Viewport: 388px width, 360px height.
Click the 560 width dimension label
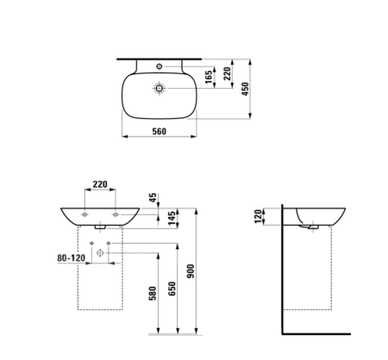(159, 131)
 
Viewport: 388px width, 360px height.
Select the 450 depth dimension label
(245, 89)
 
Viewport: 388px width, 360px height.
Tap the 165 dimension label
(209, 77)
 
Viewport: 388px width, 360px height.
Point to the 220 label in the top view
(228, 74)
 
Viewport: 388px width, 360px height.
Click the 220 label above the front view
(100, 184)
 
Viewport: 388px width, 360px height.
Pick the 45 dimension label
(153, 197)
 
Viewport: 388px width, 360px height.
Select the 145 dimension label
(172, 218)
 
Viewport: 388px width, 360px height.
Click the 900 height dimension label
(191, 271)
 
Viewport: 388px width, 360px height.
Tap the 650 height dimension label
(172, 289)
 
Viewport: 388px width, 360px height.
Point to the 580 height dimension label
(153, 294)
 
